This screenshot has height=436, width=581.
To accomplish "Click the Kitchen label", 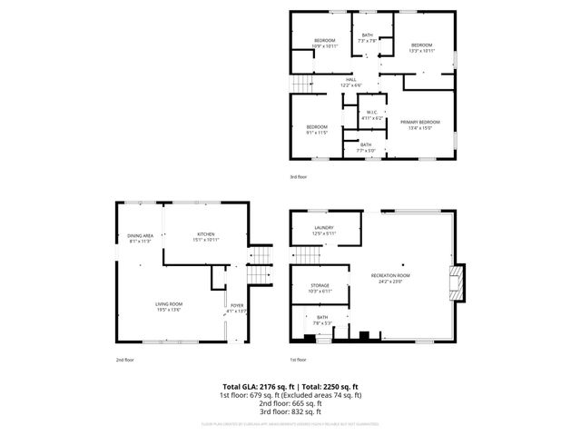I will (x=206, y=237).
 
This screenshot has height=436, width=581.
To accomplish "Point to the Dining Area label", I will (x=140, y=237).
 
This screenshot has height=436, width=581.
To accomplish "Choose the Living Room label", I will (x=170, y=306).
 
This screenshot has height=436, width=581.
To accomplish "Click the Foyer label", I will (x=237, y=307).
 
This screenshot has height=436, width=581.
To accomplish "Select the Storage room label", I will (x=320, y=288).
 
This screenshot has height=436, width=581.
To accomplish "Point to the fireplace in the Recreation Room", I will (x=458, y=281).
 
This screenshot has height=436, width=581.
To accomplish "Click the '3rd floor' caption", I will (x=298, y=176).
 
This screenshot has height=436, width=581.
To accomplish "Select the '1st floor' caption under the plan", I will (x=298, y=360).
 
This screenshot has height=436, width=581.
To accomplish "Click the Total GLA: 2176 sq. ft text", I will (x=258, y=386).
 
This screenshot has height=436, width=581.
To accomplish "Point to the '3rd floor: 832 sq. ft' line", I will (x=290, y=412).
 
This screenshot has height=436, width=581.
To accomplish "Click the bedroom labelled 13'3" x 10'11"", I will (x=422, y=48).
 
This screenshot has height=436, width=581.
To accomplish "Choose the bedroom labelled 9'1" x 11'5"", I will (x=316, y=129).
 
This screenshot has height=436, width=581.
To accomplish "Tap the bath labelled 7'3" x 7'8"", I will (x=368, y=37).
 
